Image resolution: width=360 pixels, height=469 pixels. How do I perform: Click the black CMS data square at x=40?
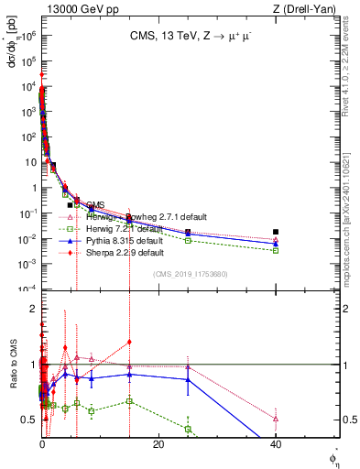276,232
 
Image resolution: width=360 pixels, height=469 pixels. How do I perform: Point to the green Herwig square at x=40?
276,250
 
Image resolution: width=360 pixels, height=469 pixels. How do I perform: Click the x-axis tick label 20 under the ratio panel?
158,444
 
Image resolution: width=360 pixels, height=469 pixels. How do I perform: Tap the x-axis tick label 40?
276,444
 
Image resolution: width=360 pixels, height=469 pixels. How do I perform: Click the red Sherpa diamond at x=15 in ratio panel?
129,342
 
